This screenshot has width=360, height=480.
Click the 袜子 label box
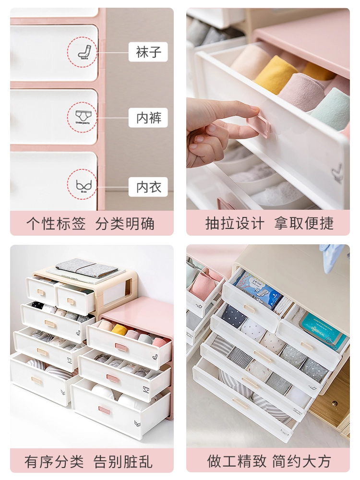coord(148,52)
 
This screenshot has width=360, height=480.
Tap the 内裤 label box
coord(148,118)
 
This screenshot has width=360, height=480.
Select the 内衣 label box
coord(148,187)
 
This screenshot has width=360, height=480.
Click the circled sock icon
coord(82,52)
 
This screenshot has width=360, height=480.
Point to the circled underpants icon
coord(82,118)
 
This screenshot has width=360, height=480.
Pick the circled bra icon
coord(82,185)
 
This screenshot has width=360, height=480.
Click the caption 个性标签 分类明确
coord(92,223)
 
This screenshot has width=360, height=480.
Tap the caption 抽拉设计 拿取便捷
coord(268,223)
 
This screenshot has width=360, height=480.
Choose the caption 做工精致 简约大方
coord(268,461)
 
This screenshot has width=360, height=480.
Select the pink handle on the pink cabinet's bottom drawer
coord(104,409)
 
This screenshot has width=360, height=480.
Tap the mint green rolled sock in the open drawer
coord(331,108)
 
